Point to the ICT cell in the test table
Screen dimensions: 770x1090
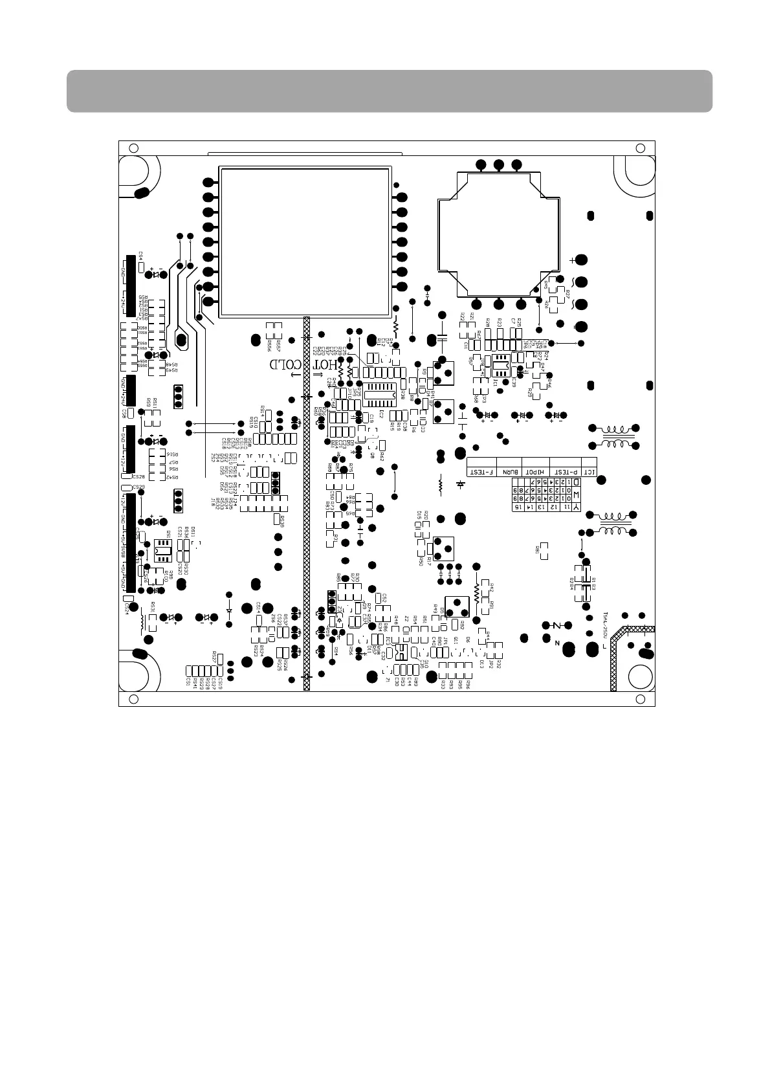[589, 472]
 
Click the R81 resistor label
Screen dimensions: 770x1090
[537, 550]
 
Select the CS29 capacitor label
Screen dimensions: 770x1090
[138, 487]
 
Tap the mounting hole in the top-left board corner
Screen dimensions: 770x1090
[133, 148]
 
